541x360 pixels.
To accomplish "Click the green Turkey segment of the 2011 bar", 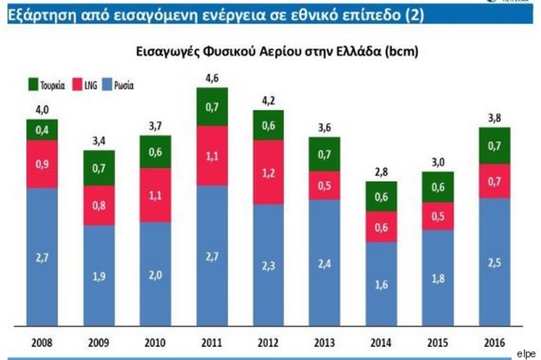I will [211, 107].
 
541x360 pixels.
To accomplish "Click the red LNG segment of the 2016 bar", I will [492, 180].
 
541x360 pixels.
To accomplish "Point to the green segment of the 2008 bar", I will [43, 130].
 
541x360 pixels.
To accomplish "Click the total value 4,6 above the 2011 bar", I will [211, 79].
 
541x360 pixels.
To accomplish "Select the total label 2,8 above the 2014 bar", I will [380, 175].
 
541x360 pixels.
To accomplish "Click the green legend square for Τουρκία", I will [34, 84].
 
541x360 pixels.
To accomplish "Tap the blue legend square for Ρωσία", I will [109, 84].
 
